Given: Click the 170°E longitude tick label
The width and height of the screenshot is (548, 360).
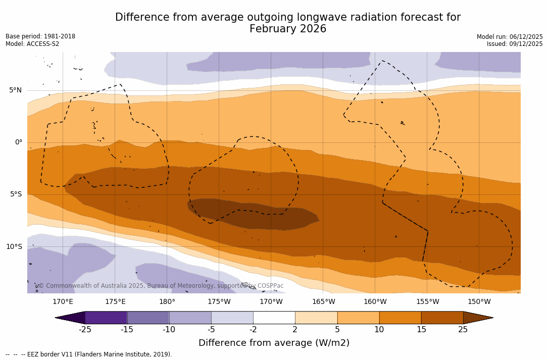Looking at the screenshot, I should tap(63, 302).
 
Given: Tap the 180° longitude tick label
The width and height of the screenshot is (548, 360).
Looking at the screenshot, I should tap(167, 302).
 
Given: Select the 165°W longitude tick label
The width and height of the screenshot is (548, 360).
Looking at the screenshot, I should tap(323, 302).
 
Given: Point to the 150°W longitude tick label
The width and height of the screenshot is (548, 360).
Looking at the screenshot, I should tap(479, 302).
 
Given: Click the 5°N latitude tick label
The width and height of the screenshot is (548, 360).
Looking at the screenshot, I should tap(15, 90).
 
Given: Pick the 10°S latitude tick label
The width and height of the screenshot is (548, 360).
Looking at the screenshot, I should tap(14, 247).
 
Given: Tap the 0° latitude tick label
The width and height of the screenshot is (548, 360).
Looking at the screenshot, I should tap(18, 142).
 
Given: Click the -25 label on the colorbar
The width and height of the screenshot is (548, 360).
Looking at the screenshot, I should tap(85, 330).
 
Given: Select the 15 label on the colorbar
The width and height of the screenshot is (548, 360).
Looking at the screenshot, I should tap(421, 330).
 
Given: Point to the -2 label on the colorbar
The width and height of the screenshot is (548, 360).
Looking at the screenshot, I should tap(253, 330).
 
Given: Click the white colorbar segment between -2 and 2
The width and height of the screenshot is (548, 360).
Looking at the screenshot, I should tap(274, 318).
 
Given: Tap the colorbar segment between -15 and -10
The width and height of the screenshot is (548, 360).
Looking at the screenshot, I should tap(148, 318).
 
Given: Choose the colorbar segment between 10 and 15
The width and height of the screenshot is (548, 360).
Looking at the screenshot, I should tap(400, 318).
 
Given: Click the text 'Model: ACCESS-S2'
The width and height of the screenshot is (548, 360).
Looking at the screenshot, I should tap(32, 44).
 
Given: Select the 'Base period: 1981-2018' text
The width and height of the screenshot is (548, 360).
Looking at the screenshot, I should tap(40, 36).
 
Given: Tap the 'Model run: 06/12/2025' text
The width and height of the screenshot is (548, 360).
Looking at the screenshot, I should tap(510, 37).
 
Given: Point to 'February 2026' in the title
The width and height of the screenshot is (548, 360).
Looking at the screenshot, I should tap(288, 29).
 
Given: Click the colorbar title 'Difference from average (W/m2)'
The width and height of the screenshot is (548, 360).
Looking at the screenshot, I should tap(274, 343).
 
